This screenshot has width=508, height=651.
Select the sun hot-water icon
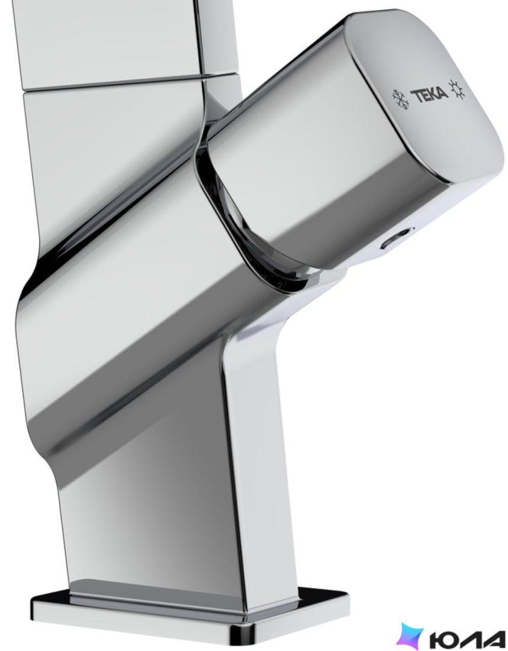(x=457, y=90)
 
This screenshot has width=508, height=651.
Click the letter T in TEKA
(x=416, y=96)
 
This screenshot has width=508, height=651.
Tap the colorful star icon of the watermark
(x=410, y=636)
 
